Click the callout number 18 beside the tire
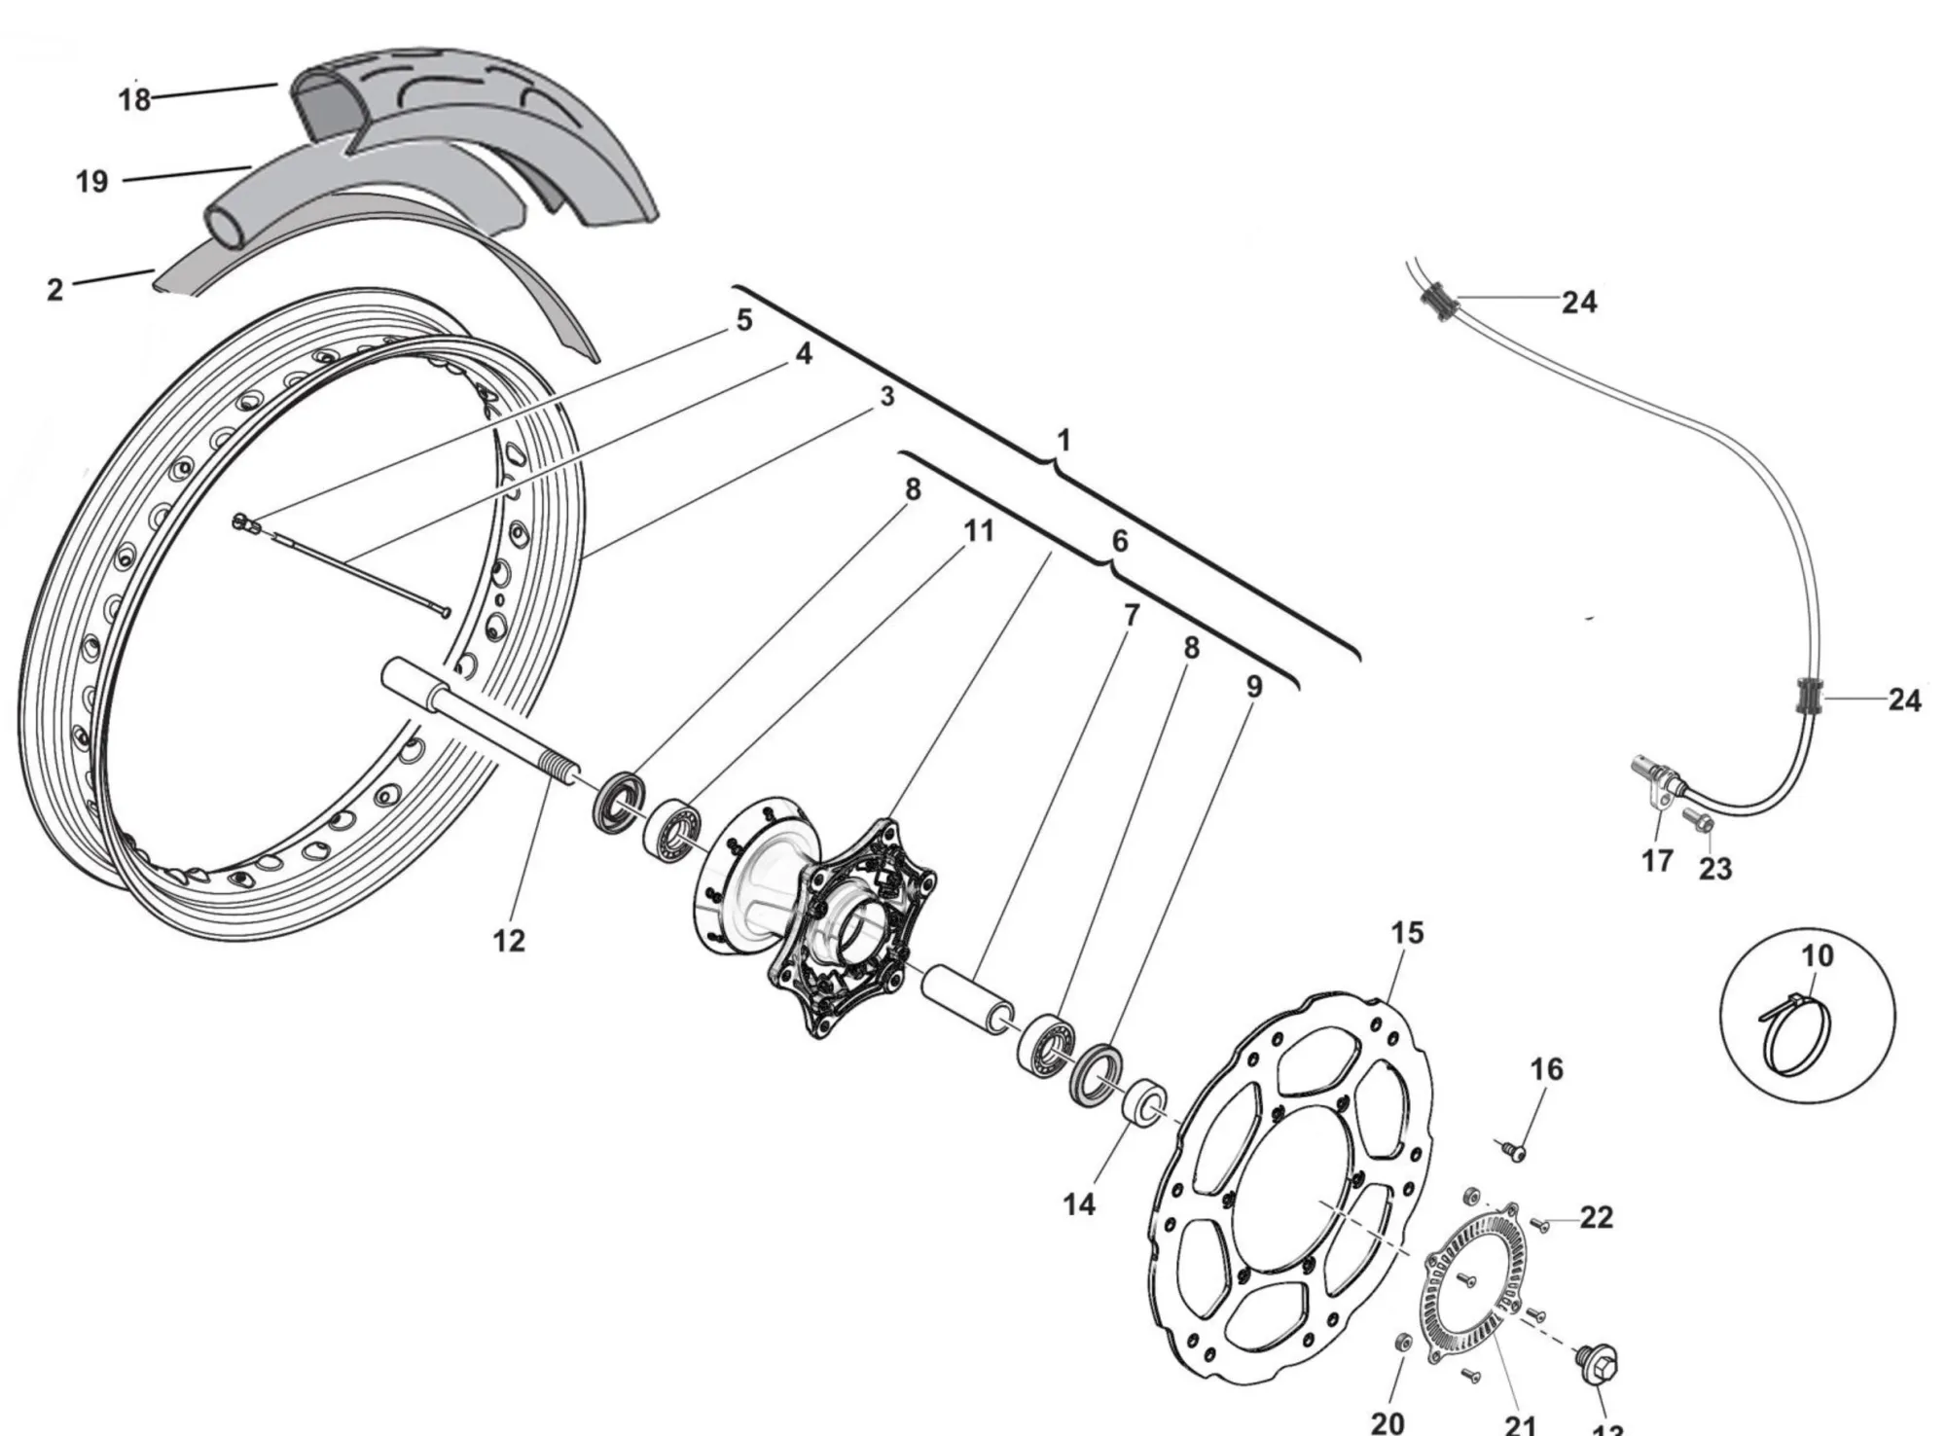[134, 98]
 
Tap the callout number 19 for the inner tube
[92, 181]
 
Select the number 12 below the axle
[509, 941]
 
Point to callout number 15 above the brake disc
[1407, 933]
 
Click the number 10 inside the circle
[1818, 956]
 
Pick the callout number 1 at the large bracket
[1063, 440]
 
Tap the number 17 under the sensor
[1657, 860]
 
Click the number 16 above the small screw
[1546, 1069]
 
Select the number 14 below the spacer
[1079, 1204]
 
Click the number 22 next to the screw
[1597, 1217]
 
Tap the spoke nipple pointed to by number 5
[244, 524]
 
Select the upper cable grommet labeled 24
[1438, 298]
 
